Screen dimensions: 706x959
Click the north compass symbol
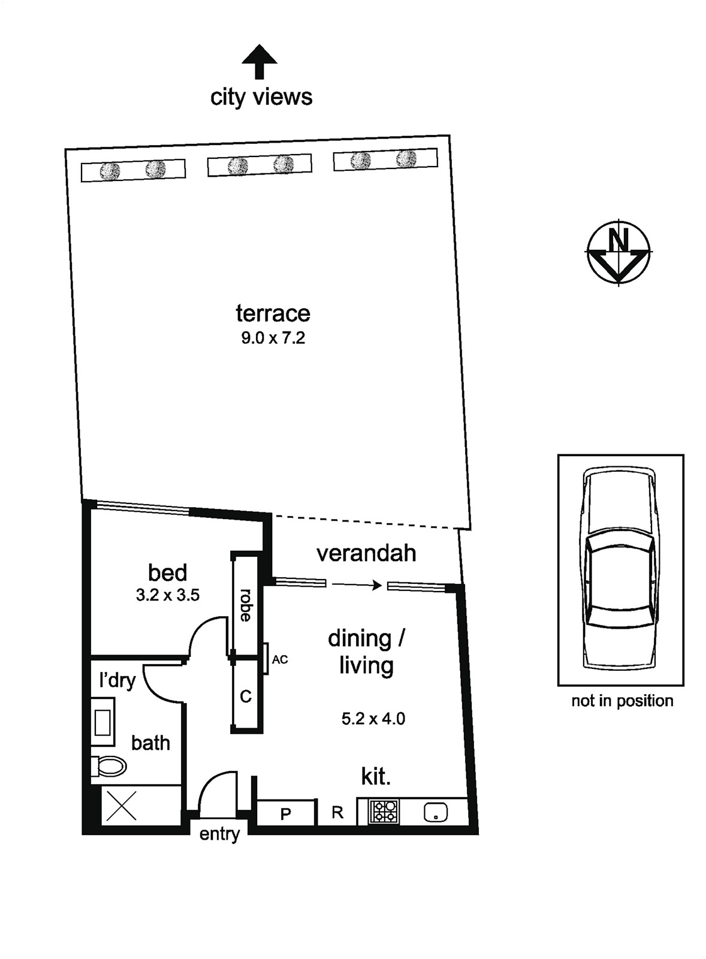coord(618,252)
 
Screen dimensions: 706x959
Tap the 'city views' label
coord(261,98)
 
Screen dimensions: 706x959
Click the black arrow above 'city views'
coord(259,62)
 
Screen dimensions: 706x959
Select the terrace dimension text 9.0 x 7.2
coord(273,338)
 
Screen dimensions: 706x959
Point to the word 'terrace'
coord(273,313)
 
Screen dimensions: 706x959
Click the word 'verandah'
coord(366,553)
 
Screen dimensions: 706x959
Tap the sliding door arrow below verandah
coord(357,585)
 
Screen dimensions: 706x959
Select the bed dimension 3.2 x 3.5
coord(168,595)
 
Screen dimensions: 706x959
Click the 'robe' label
coord(246,605)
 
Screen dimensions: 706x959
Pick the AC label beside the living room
coord(280,660)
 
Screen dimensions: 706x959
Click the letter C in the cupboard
coord(246,696)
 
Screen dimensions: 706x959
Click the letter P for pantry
coord(285,813)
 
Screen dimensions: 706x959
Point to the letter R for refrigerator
coord(337,812)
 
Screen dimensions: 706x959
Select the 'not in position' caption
coord(622,701)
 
